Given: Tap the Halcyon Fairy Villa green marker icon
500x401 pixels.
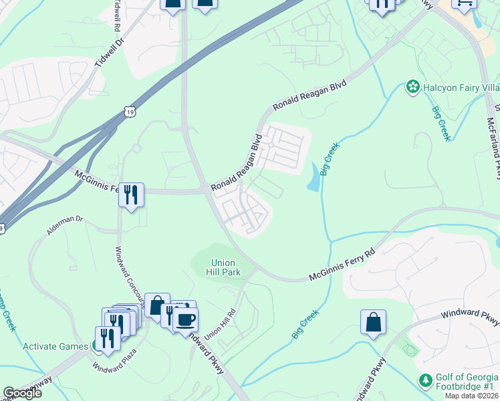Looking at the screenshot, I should [412, 86].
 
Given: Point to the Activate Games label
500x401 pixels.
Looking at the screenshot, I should [55, 346].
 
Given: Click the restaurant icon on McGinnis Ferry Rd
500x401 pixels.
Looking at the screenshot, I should [131, 194].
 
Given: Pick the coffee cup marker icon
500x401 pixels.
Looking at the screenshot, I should [185, 319].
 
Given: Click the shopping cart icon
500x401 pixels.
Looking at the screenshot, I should [464, 3].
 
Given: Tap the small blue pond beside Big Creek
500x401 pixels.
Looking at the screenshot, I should [313, 178].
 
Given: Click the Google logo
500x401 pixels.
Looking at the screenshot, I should [22, 393].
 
